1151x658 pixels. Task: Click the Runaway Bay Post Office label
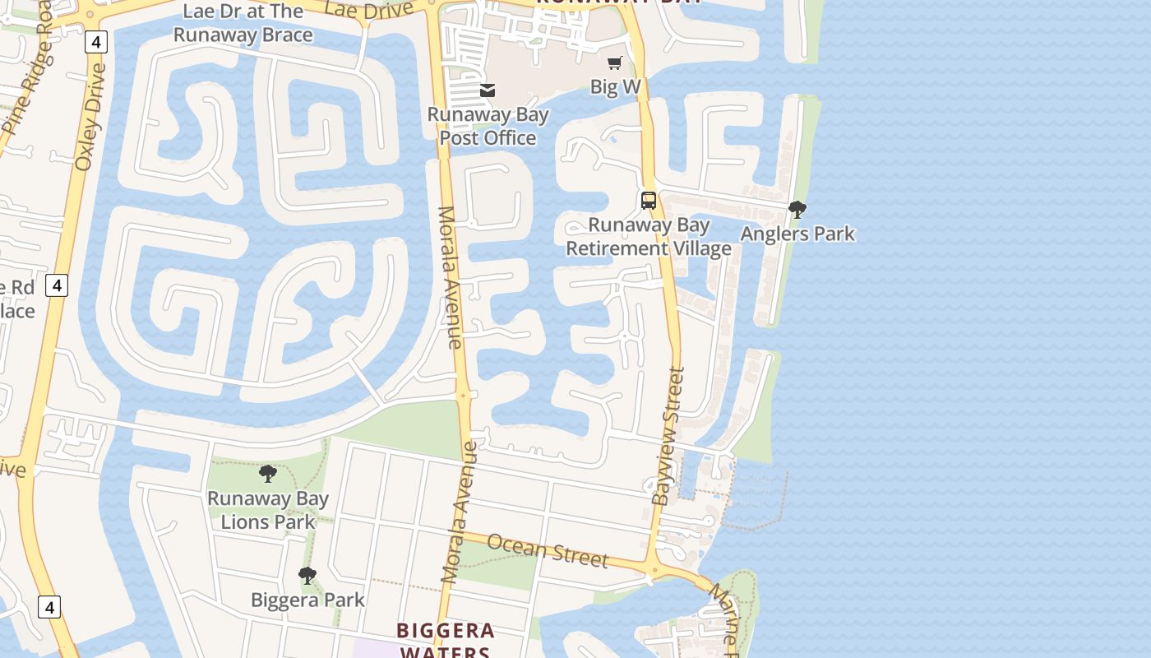pos(488,126)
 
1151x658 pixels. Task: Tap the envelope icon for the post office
pos(488,90)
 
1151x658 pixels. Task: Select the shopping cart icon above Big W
pos(615,63)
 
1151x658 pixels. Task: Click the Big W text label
pos(615,87)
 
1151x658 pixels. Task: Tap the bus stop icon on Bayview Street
pos(649,200)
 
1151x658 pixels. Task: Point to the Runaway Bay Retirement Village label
pos(649,237)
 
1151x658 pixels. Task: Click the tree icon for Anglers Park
pos(797,210)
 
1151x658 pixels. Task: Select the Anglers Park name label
pos(797,234)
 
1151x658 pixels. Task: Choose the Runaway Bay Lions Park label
pos(268,510)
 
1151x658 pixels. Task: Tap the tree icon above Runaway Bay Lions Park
pos(268,474)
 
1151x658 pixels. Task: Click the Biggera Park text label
pos(307,600)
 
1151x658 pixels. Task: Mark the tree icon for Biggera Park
pos(307,576)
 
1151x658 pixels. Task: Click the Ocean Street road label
pos(548,551)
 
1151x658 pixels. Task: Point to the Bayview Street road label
pos(668,436)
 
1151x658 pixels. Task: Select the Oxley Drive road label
pos(90,117)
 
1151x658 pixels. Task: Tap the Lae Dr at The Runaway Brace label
pos(243,23)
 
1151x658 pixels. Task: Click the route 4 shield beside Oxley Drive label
pos(96,42)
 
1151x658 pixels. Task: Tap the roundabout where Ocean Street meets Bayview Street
pos(654,569)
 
